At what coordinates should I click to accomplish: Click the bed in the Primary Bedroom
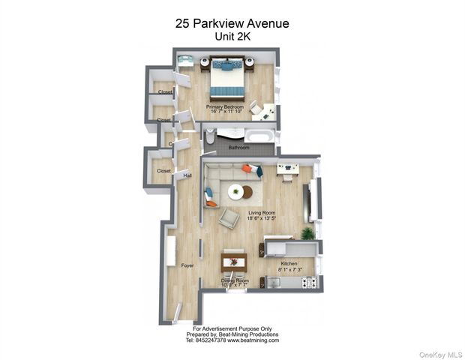226,78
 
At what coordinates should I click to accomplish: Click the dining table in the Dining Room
234,262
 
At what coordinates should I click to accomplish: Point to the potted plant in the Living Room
307,233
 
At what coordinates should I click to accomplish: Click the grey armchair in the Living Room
228,217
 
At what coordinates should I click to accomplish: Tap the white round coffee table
235,192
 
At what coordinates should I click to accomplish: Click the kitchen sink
273,282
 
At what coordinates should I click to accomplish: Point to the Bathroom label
239,148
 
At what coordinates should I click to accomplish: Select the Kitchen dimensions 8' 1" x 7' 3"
289,269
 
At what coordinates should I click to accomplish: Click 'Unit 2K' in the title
232,36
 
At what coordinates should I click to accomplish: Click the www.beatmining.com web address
253,340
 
